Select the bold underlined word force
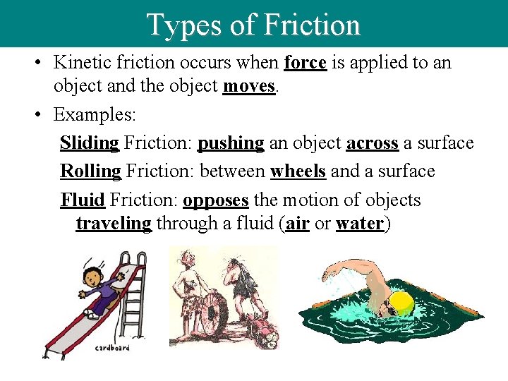pyautogui.click(x=305, y=63)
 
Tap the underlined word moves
pyautogui.click(x=248, y=86)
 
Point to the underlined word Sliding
pyautogui.click(x=90, y=143)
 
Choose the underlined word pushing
pyautogui.click(x=231, y=143)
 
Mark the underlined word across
pyautogui.click(x=373, y=143)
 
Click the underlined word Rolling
pyautogui.click(x=90, y=171)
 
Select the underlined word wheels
pyautogui.click(x=298, y=171)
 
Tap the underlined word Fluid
pyautogui.click(x=83, y=200)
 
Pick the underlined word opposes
pyautogui.click(x=215, y=200)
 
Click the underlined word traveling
pyautogui.click(x=114, y=224)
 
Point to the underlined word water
pyautogui.click(x=360, y=224)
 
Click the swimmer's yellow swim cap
pyautogui.click(x=401, y=303)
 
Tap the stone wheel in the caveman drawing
pyautogui.click(x=211, y=314)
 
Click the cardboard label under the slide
pyautogui.click(x=113, y=348)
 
